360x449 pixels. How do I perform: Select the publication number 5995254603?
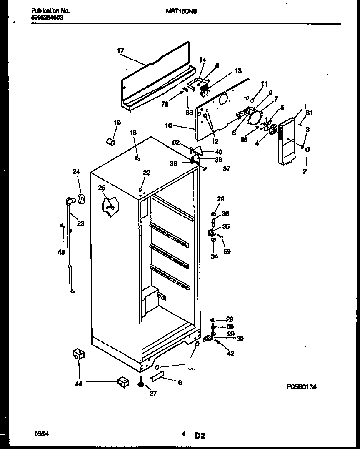coord(47,18)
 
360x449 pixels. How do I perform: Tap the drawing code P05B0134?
coord(302,387)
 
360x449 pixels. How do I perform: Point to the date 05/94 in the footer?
coord(39,434)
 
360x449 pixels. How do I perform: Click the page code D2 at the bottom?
coord(200,436)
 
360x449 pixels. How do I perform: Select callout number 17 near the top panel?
coord(120,51)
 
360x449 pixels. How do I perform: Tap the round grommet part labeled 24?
coord(81,199)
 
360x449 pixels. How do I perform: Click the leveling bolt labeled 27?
coord(140,381)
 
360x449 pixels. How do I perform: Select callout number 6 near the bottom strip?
coord(180,383)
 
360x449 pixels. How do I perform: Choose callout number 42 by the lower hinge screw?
coord(230,354)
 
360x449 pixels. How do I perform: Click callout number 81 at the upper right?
coord(309,113)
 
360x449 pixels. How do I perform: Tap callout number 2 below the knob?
coord(305,171)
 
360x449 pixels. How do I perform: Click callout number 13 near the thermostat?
coord(237,71)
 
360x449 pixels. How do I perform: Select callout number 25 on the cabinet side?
coord(102,188)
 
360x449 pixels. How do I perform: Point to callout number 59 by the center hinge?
coord(227,252)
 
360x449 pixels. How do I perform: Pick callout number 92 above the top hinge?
coord(177,143)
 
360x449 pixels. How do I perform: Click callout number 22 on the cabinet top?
coord(146,173)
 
